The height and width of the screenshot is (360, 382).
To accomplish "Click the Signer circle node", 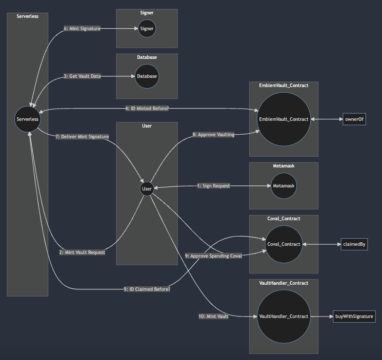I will pos(147,29).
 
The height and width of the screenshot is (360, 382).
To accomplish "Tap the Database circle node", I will pos(147,76).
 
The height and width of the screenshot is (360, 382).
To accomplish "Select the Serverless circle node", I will pos(28,119).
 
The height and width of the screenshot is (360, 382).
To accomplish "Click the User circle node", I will pos(147,189).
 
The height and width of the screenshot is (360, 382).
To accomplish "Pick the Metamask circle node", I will pos(284,186).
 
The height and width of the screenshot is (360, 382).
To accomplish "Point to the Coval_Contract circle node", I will pos(284,244).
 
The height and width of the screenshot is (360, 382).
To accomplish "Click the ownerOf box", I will pos(354,119).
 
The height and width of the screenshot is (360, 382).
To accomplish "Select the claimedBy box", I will pos(354,244).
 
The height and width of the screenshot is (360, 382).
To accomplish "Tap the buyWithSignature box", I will pos(354,316).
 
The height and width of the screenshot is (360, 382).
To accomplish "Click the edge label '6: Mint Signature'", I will pos(82,29).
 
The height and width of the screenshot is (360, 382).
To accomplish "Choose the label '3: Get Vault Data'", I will pos(82,76).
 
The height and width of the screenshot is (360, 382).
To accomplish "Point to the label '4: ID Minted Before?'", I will pos(147,109).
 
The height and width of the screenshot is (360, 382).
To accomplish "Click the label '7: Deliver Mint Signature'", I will pos(82,137).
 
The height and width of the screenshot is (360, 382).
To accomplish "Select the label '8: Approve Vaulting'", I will pos(214,135).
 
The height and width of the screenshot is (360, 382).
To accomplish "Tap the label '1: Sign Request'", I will pos(214,186).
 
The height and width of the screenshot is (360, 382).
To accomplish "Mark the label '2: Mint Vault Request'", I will pos(82,252).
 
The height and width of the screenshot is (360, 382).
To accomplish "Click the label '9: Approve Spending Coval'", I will pos(213,256).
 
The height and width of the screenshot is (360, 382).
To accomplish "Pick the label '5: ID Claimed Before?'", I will pos(147,289).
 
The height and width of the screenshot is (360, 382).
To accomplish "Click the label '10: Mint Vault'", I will pos(213,316).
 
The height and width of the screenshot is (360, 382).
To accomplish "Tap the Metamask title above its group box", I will pos(284,166).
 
